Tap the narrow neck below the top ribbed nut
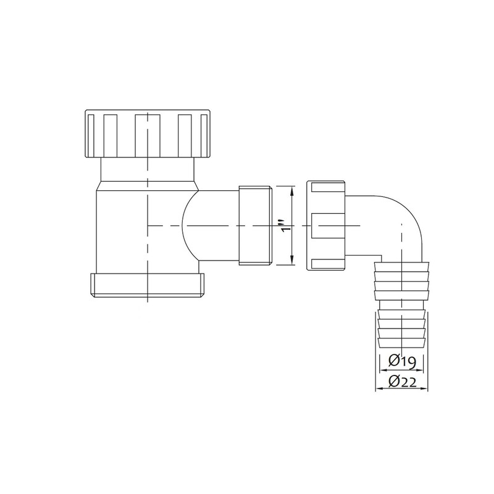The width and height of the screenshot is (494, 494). click(x=148, y=170)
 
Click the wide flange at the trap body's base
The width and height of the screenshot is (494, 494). click(x=148, y=284)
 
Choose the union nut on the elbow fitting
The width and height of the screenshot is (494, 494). click(x=327, y=225)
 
